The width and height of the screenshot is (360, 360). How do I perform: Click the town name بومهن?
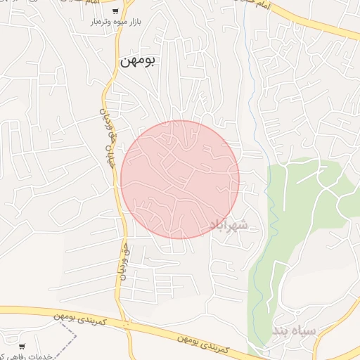pyautogui.click(x=138, y=60)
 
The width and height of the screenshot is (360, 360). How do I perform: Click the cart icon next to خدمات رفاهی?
pyautogui.click(x=22, y=346)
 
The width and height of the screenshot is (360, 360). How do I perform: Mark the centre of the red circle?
pyautogui.click(x=180, y=179)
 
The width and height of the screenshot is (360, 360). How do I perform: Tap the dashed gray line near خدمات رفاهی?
pyautogui.click(x=70, y=334)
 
